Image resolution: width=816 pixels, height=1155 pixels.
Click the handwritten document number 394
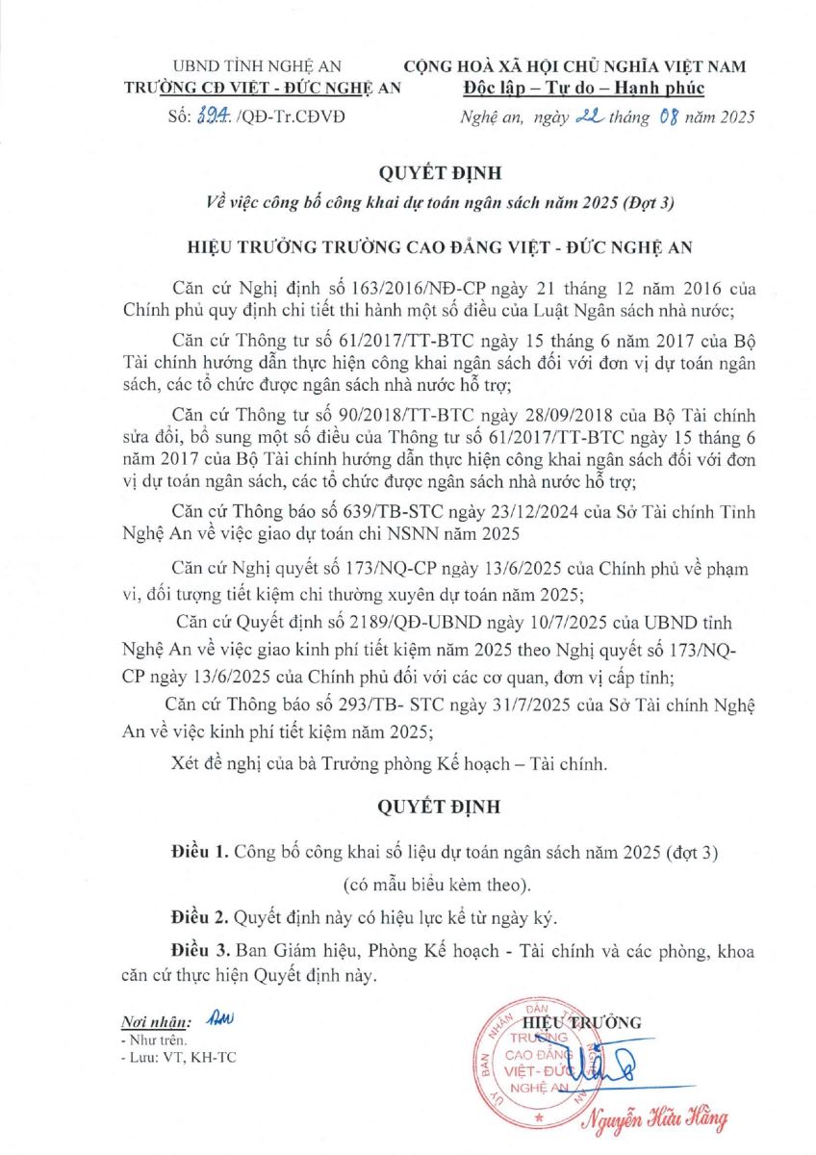point(211,116)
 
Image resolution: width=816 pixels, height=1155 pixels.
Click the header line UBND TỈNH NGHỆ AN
point(257,66)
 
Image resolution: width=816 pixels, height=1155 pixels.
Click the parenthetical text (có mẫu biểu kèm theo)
point(435,884)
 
